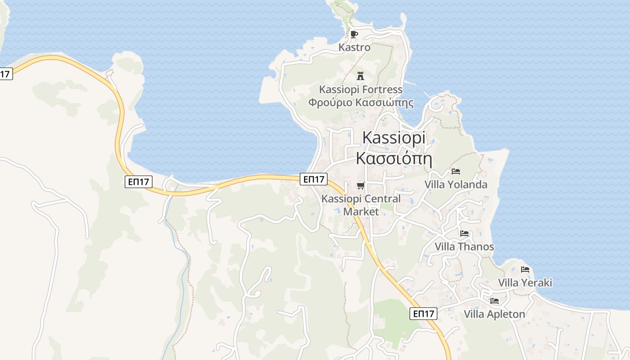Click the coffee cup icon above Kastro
(354, 34)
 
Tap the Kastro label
(354, 47)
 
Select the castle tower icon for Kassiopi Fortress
(360, 76)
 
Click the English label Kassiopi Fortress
(360, 90)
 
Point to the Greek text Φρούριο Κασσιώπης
(360, 102)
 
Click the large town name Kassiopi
(394, 138)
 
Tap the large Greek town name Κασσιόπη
(394, 158)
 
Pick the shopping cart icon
(360, 185)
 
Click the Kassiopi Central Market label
(361, 205)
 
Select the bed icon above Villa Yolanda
(456, 171)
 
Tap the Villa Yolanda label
(456, 184)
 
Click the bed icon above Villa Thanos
(464, 234)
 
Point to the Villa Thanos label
(464, 247)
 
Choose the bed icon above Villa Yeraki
(525, 270)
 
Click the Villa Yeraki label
(525, 283)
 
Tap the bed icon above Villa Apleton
(495, 301)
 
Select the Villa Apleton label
(495, 314)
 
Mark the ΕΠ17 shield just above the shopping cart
(314, 179)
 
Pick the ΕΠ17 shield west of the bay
(139, 182)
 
